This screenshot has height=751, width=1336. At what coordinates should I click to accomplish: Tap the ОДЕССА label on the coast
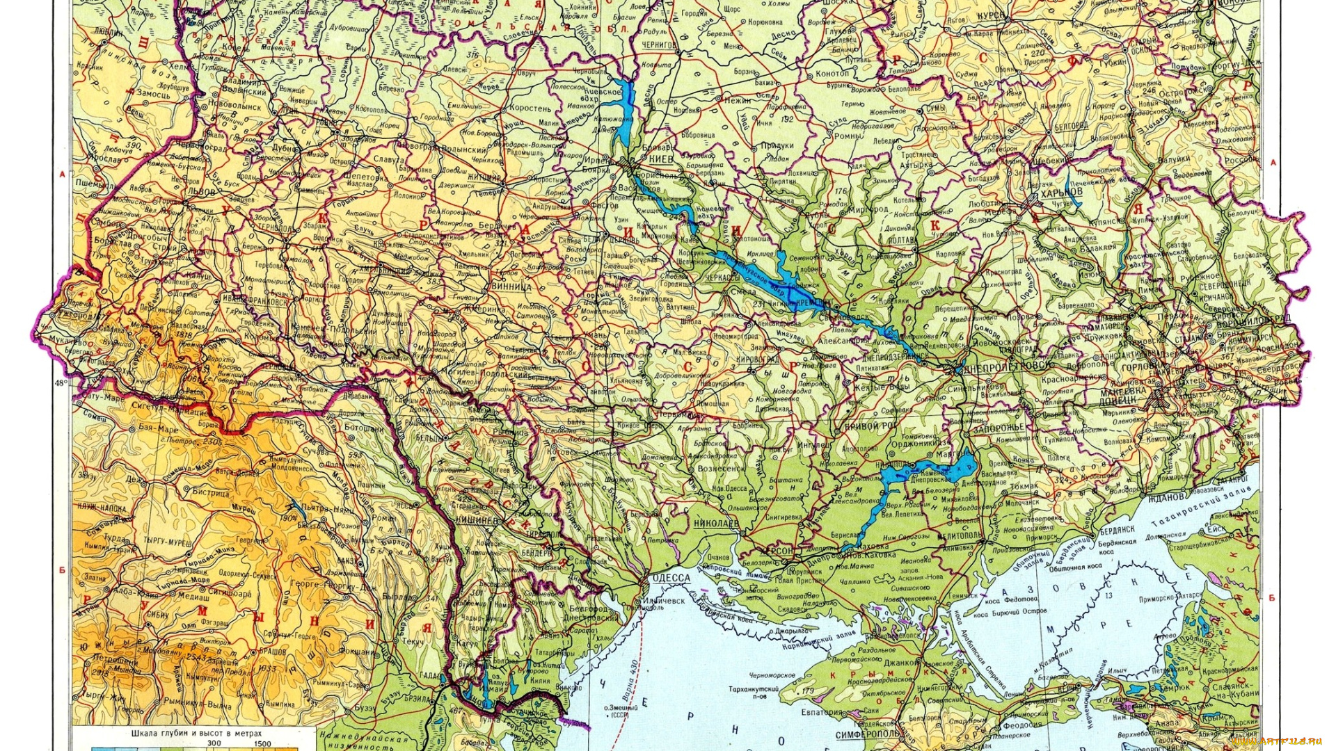pyautogui.click(x=671, y=578)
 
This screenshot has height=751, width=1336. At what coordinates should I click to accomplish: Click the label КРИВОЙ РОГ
pyautogui.click(x=870, y=426)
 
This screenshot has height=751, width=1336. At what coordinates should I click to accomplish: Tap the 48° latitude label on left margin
pyautogui.click(x=61, y=382)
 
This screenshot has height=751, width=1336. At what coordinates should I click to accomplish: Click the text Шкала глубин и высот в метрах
pyautogui.click(x=196, y=733)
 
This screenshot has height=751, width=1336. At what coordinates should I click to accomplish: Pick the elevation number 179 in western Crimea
pyautogui.click(x=807, y=691)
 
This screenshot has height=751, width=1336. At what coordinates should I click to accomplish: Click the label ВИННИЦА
pyautogui.click(x=511, y=286)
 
